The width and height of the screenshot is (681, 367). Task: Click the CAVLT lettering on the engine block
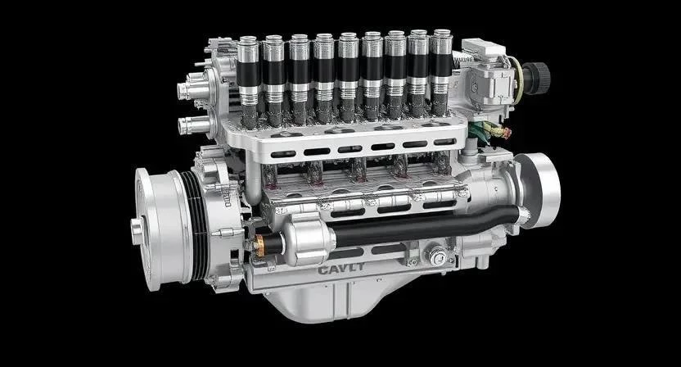(341, 270)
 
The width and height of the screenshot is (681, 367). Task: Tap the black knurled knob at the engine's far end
(536, 79)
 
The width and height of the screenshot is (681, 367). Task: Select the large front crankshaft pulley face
(162, 229)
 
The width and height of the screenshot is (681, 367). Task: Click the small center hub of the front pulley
(138, 230)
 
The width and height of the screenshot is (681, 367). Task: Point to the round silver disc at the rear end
(538, 190)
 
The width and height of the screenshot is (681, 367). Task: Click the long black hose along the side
(426, 226)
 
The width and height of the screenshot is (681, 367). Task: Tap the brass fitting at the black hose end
(259, 246)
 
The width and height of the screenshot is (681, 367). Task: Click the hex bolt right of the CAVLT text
(437, 256)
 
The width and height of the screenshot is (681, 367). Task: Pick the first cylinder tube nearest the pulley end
(249, 83)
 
